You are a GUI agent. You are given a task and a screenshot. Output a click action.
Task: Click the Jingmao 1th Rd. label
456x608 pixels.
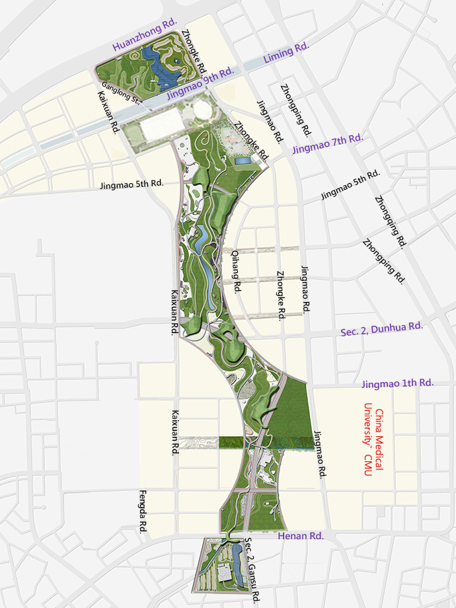[x=398, y=383]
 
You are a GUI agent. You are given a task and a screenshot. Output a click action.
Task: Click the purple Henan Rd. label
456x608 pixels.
[x=300, y=536]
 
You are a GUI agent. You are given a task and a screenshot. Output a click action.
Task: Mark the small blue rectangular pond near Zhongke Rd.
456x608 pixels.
[x=243, y=160]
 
